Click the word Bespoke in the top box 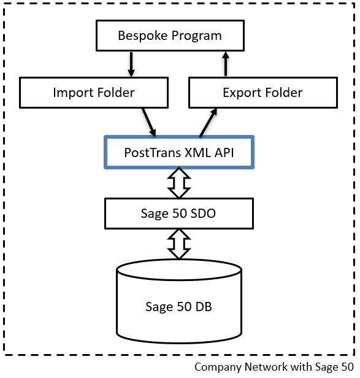tap(143, 36)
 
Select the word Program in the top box tap(197, 36)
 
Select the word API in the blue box tap(224, 153)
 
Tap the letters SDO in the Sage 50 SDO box tap(203, 214)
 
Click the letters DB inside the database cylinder tap(204, 307)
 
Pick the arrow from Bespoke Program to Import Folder tap(131, 64)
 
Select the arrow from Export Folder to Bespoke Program tap(226, 64)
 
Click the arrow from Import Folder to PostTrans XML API tap(149, 122)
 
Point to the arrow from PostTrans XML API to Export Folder tap(208, 123)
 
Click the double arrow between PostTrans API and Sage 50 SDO tap(179, 183)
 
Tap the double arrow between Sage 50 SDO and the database tap(179, 244)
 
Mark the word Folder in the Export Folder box tap(281, 93)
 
